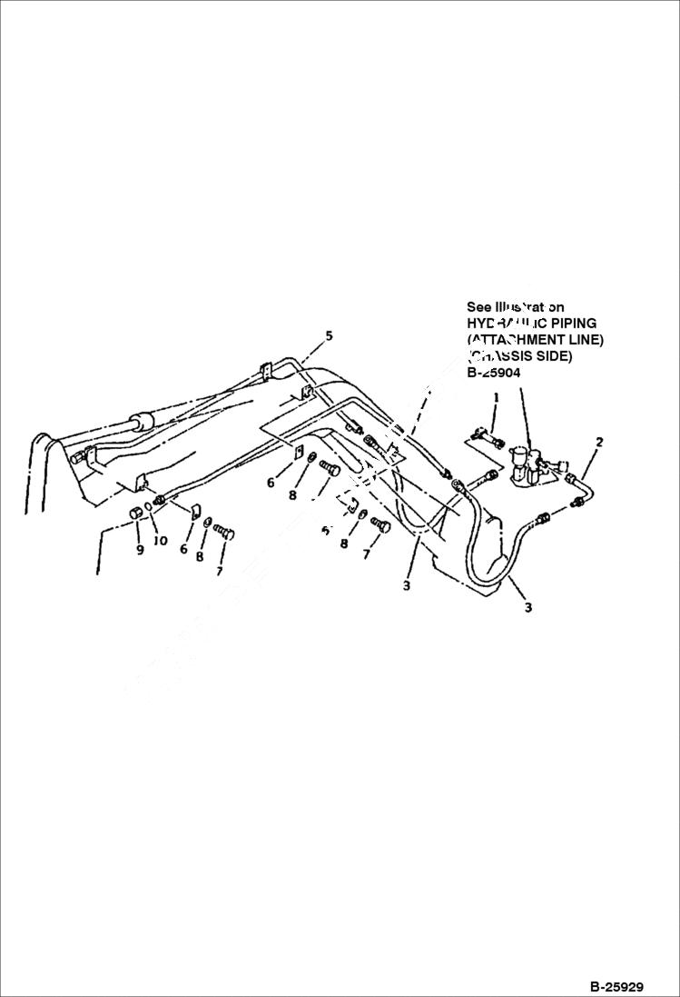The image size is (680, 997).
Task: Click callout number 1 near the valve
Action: pyautogui.click(x=497, y=398)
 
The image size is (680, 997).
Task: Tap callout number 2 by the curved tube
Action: pyautogui.click(x=599, y=443)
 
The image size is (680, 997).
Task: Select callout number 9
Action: pyautogui.click(x=140, y=550)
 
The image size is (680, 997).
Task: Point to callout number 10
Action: pyautogui.click(x=160, y=541)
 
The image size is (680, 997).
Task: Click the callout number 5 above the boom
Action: pyautogui.click(x=329, y=336)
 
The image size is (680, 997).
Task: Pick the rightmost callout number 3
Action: pyautogui.click(x=528, y=607)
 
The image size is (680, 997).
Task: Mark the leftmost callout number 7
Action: pyautogui.click(x=219, y=571)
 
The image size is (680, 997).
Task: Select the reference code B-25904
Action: pyautogui.click(x=494, y=372)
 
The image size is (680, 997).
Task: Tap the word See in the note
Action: pyautogui.click(x=478, y=307)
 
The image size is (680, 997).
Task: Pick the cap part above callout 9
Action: pyautogui.click(x=136, y=515)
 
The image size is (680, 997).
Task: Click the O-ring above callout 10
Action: pyautogui.click(x=151, y=519)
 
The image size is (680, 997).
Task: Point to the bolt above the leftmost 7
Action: pyautogui.click(x=223, y=533)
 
